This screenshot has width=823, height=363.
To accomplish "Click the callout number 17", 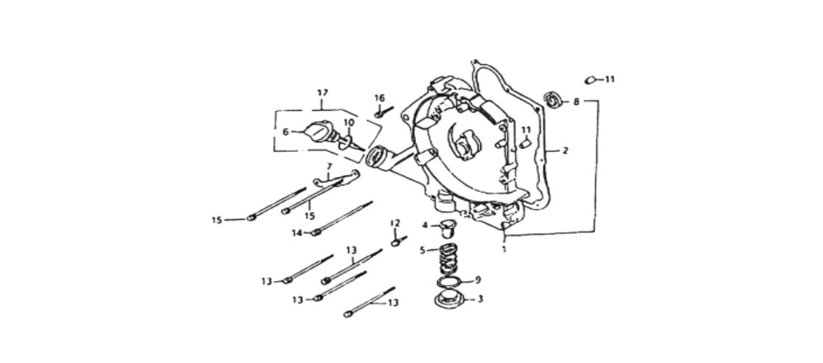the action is coord(322,93).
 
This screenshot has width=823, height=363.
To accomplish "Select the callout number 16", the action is coord(380,98).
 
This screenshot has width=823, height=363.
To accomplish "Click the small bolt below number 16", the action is coord(383,111).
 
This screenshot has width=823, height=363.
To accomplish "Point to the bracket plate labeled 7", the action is coord(336,179).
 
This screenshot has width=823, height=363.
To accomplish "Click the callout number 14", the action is coord(297,232).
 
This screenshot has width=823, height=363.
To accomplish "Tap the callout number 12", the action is coord(395,223).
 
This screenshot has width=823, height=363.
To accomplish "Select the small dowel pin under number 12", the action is coord(399,242).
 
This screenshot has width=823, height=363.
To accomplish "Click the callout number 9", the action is coord(477,280).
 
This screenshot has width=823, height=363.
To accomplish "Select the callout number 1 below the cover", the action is coord(504,249).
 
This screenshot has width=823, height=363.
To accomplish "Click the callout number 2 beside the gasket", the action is coord(565,151).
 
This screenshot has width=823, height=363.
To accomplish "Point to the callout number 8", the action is coord(576,102).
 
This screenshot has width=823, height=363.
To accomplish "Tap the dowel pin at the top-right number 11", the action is coord(591,80).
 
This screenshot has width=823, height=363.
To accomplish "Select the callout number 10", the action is coord(349,122).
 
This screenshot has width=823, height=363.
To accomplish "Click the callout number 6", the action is coord(285,132).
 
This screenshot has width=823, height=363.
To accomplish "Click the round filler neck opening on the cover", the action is coord(376,157).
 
